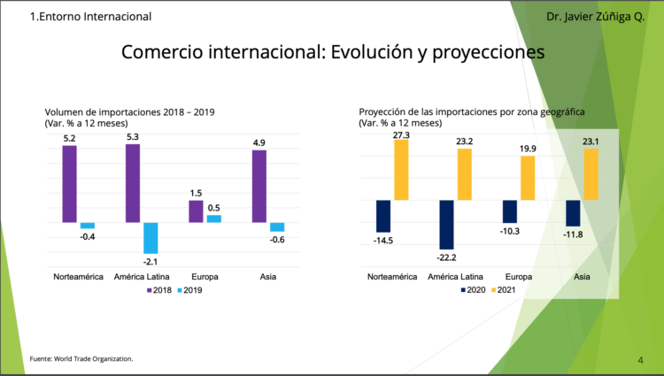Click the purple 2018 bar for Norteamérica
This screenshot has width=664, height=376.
click(x=69, y=183)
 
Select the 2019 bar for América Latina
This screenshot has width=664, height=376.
click(x=151, y=237)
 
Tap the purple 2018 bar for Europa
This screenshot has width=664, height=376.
click(x=196, y=211)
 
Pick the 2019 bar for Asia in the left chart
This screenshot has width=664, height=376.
click(x=277, y=226)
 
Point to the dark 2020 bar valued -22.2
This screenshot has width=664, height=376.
click(x=446, y=224)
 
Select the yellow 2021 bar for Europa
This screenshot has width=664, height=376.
click(x=528, y=178)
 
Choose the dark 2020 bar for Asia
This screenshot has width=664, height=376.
click(x=573, y=212)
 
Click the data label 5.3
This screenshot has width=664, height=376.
click(x=133, y=137)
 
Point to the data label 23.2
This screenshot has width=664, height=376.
click(x=465, y=142)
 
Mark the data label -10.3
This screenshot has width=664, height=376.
click(x=509, y=231)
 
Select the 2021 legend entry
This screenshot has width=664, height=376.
click(x=504, y=290)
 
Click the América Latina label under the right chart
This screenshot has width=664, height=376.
click(x=455, y=277)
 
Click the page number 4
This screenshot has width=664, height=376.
click(x=640, y=359)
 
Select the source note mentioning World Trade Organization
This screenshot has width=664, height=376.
click(x=81, y=358)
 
